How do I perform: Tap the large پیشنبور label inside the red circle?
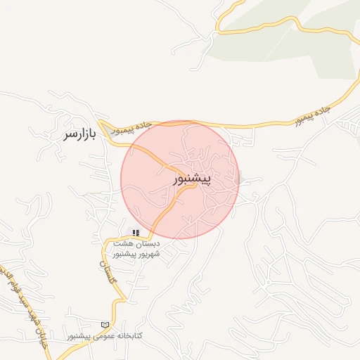pyautogui.click(x=191, y=180)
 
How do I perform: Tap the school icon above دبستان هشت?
pyautogui.click(x=136, y=233)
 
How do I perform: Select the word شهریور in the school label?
pyautogui.click(x=148, y=253)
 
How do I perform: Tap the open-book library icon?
pyautogui.click(x=105, y=325)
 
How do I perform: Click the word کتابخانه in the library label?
pyautogui.click(x=128, y=335)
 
